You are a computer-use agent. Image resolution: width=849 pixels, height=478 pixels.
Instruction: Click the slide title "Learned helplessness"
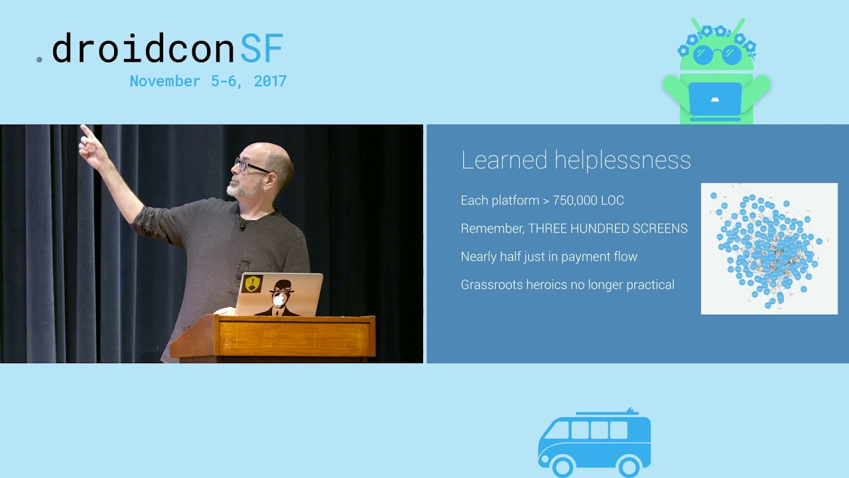click(576, 160)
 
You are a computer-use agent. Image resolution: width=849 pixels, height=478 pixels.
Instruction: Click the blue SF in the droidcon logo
click(261, 48)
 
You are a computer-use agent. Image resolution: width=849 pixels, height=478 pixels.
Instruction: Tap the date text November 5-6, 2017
click(208, 81)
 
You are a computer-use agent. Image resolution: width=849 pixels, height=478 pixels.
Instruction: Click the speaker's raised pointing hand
click(92, 147)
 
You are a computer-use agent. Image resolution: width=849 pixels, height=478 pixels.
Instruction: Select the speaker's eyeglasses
click(250, 165)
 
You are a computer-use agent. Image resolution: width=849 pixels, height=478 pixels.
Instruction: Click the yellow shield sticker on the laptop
click(253, 284)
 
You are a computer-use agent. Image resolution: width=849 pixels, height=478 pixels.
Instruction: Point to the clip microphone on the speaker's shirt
click(243, 226)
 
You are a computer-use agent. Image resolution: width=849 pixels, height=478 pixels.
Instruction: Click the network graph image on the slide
click(769, 248)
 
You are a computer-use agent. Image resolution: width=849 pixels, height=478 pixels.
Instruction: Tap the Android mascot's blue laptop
click(714, 99)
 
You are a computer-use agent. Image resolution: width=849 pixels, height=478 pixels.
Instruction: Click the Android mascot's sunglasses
click(716, 54)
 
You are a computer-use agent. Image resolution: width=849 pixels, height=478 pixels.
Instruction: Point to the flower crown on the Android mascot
click(716, 35)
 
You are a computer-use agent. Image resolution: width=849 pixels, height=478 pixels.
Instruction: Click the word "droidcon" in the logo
click(143, 48)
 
